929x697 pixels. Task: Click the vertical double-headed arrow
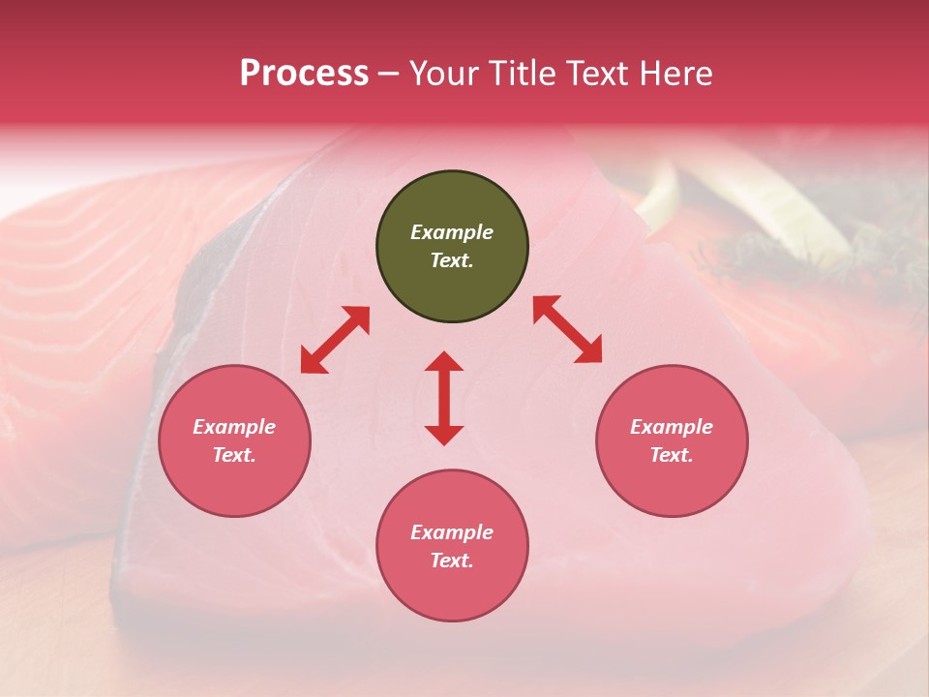coord(444,398)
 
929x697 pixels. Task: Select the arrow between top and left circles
coord(335,340)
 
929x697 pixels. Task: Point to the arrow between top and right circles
coord(567,329)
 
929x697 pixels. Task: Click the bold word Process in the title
coord(304,74)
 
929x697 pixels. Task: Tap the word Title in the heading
coord(523,74)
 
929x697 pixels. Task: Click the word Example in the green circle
coord(452,232)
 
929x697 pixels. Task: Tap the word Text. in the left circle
coord(234,455)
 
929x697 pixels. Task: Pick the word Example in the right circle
coord(672,427)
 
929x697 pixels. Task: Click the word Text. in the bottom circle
coord(452,561)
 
